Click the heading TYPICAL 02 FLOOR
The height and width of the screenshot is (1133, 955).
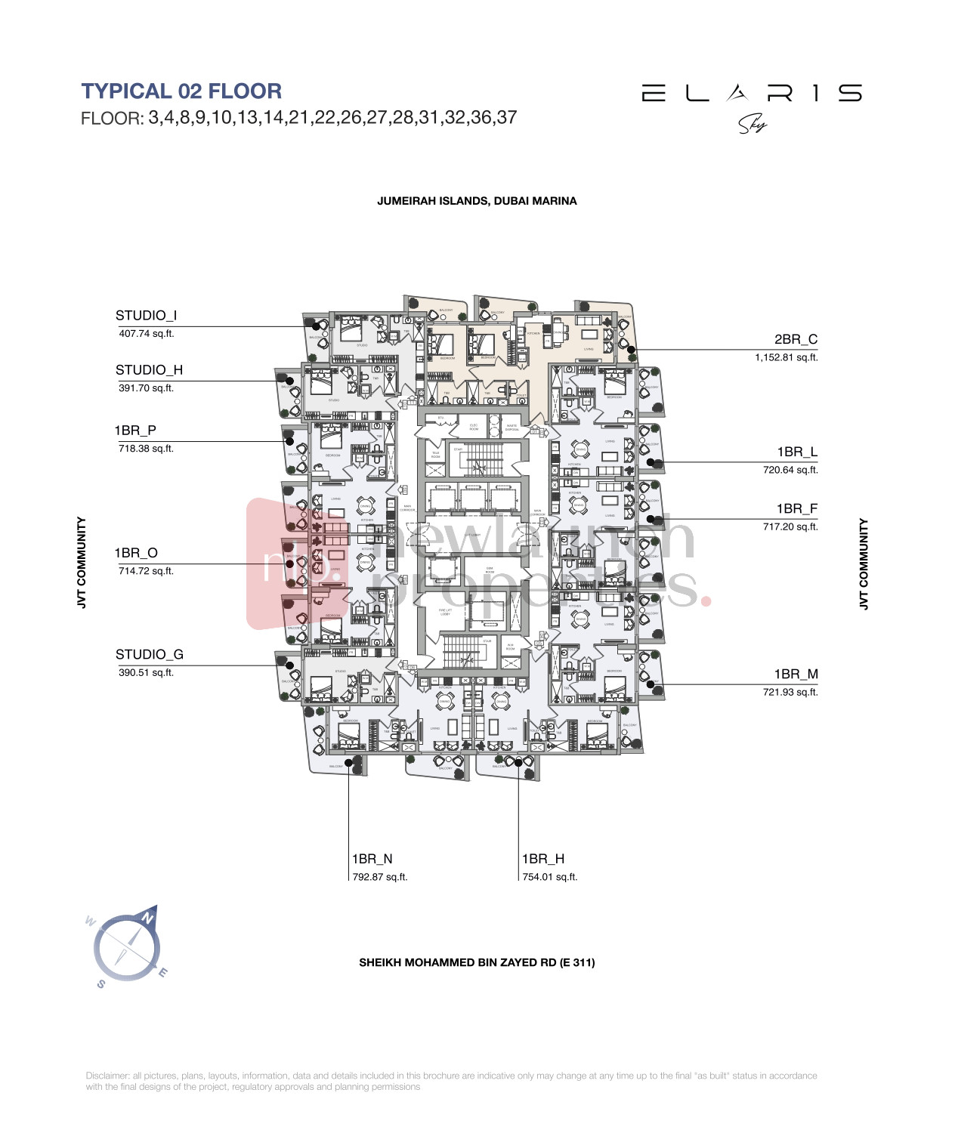click(x=181, y=91)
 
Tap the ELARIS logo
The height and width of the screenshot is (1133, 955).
click(x=751, y=94)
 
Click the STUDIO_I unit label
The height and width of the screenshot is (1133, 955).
click(x=147, y=316)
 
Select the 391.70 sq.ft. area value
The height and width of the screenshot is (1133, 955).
click(x=147, y=388)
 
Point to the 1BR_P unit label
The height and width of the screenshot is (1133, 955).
click(x=135, y=431)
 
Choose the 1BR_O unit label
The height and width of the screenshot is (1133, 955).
click(x=136, y=553)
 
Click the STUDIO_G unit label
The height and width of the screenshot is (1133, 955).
click(x=150, y=655)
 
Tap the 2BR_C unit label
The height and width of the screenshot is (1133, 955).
click(x=796, y=340)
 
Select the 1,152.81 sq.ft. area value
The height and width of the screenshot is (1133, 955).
click(x=786, y=358)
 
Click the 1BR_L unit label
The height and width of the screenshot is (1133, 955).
click(x=797, y=452)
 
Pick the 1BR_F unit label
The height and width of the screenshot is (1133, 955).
click(x=797, y=509)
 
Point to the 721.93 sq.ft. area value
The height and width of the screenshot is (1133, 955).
click(x=790, y=692)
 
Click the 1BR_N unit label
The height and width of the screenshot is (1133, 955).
click(x=372, y=859)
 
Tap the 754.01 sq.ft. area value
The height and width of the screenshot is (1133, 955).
click(x=550, y=877)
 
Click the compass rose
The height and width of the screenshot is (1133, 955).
click(x=127, y=947)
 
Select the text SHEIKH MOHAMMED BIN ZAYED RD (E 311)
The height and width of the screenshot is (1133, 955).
click(x=477, y=962)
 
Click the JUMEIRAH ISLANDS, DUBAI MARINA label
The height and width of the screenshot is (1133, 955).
click(x=477, y=201)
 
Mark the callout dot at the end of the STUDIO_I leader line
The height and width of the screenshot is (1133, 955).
click(x=317, y=327)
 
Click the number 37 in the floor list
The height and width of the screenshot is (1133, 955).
click(x=507, y=118)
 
